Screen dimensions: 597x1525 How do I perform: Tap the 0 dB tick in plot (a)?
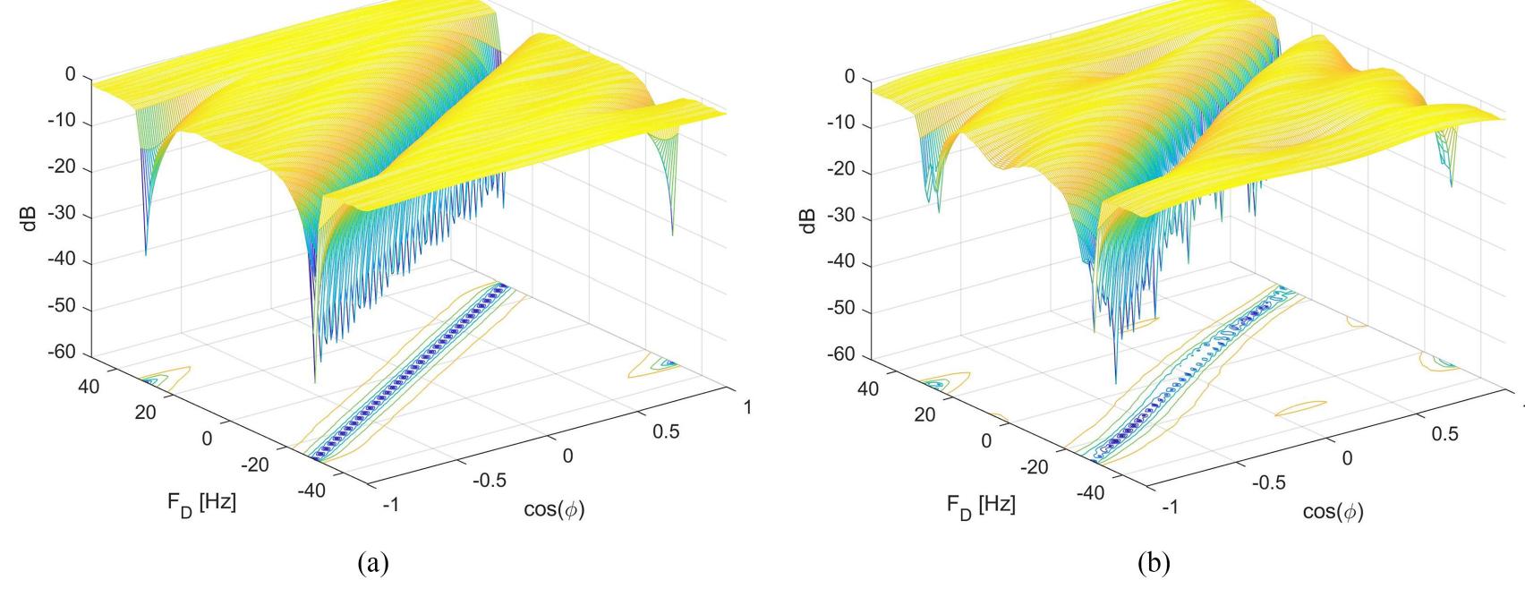tap(70, 75)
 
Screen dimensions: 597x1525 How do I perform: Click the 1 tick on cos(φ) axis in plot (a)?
tap(748, 408)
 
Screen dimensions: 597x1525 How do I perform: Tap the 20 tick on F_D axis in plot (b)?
tap(924, 414)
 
